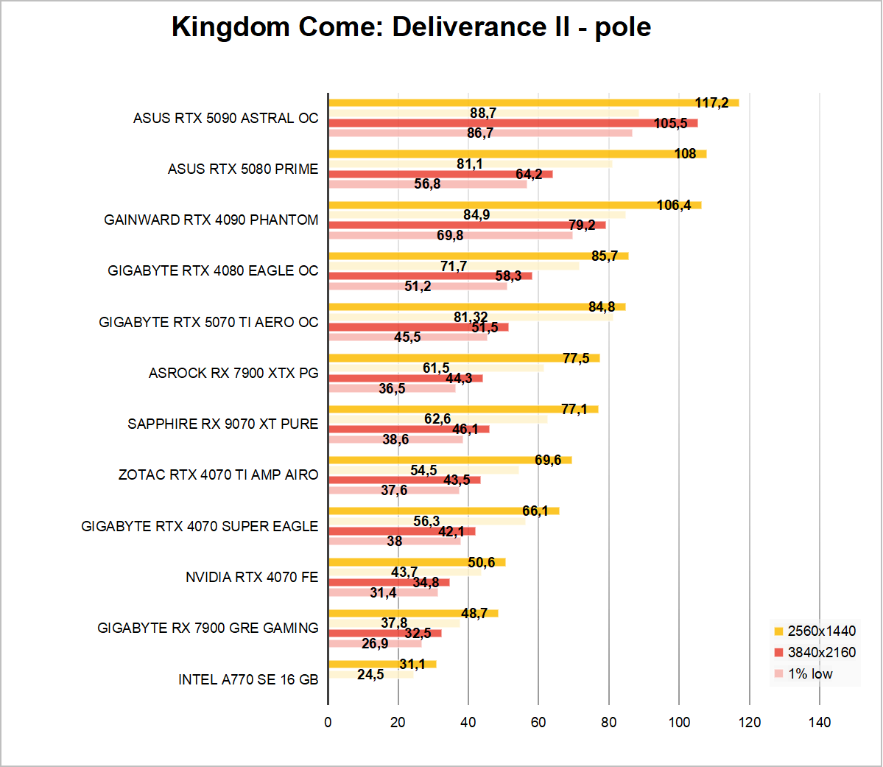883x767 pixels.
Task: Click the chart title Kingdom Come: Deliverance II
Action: pyautogui.click(x=411, y=27)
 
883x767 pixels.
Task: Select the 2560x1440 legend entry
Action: pyautogui.click(x=821, y=631)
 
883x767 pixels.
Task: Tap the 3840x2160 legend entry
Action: pyautogui.click(x=821, y=652)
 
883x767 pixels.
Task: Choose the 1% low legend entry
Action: pyautogui.click(x=809, y=673)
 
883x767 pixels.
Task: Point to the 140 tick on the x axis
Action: pyautogui.click(x=820, y=722)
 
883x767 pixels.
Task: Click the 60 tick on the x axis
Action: pyautogui.click(x=538, y=722)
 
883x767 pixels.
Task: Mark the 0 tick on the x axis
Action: pyautogui.click(x=328, y=722)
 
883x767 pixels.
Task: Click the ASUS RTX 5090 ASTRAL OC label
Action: pyautogui.click(x=225, y=118)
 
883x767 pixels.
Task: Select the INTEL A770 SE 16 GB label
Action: pyautogui.click(x=248, y=679)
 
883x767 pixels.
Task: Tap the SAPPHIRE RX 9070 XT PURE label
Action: pyautogui.click(x=222, y=424)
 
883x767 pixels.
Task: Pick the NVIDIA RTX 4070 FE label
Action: pyautogui.click(x=252, y=577)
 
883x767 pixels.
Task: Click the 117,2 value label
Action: pyautogui.click(x=711, y=102)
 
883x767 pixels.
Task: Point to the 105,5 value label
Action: pyautogui.click(x=670, y=123)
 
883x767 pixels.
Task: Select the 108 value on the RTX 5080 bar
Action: pyautogui.click(x=685, y=153)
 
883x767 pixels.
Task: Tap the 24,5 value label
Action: pyautogui.click(x=370, y=674)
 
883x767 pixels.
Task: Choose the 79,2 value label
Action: pyautogui.click(x=582, y=225)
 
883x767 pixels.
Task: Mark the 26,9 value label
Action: pyautogui.click(x=375, y=643)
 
